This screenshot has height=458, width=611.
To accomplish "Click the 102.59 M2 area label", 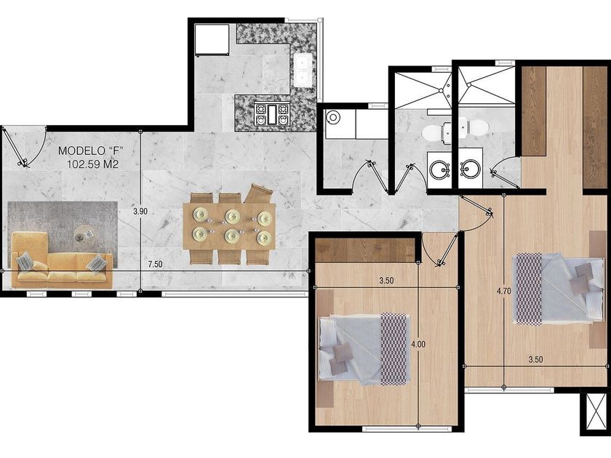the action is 92,164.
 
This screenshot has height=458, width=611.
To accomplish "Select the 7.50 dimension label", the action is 155,264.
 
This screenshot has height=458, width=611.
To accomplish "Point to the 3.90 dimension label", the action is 140,212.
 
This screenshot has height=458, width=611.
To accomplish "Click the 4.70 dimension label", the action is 504,291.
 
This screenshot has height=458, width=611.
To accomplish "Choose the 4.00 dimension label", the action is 418,345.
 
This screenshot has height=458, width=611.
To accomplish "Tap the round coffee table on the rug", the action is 84,233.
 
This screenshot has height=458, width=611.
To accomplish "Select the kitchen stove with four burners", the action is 272,113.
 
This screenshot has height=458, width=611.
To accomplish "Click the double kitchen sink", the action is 302,70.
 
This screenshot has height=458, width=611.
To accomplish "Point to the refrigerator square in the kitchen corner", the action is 212,39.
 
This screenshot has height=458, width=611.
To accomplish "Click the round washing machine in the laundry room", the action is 333,116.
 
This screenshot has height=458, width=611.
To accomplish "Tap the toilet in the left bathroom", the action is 436,132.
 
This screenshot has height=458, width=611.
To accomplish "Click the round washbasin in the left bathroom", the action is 439,169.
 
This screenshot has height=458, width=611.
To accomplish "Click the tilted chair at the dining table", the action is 257,193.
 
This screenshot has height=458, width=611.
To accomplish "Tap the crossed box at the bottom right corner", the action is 596,411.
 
